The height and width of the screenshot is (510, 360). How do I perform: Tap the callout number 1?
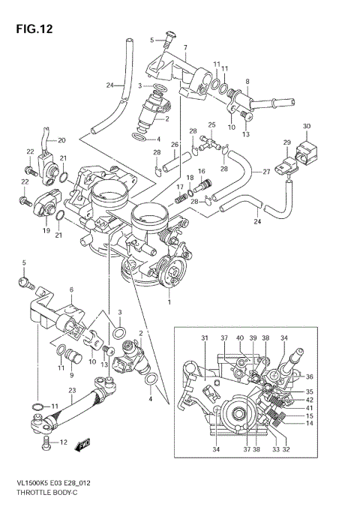[170, 303]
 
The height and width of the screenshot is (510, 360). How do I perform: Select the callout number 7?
[184, 47]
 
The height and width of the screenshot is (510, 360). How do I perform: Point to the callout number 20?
[61, 140]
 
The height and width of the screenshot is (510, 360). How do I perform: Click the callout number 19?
[46, 231]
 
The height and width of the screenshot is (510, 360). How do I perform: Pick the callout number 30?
[306, 125]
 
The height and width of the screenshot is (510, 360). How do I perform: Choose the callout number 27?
[265, 172]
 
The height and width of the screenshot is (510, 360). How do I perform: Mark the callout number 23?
[72, 389]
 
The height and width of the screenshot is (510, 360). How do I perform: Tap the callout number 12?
[63, 442]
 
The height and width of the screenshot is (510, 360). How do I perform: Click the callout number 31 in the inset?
[204, 339]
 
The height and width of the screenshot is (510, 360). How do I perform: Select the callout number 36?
[310, 376]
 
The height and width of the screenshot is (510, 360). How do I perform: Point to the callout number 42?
[310, 400]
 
